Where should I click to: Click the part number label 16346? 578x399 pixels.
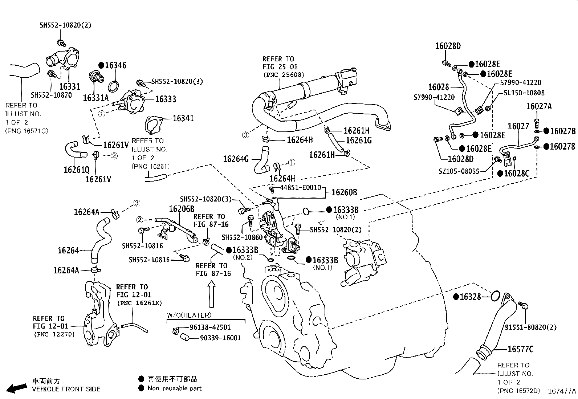coord(115,65)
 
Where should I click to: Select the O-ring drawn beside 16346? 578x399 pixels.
coord(114,86)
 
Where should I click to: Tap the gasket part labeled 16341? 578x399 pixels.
coord(152,125)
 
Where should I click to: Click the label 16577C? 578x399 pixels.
coord(520,349)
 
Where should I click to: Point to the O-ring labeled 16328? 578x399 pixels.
coord(495,296)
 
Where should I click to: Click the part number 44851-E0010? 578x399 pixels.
coord(301,187)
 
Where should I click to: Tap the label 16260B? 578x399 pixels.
coord(344,192)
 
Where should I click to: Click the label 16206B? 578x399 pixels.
coord(182,209)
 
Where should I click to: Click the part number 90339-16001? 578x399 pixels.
coord(220,338)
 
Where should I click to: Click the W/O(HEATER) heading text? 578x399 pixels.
coord(189,315)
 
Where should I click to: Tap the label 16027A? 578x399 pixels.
coord(539,106)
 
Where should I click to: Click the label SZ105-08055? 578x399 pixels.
coord(459,171)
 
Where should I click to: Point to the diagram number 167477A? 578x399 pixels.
coord(562,391)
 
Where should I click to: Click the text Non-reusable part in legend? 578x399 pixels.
coord(175,388)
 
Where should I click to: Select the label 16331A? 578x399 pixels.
coord(95,98)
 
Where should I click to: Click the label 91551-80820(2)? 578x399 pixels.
coord(530,327)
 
